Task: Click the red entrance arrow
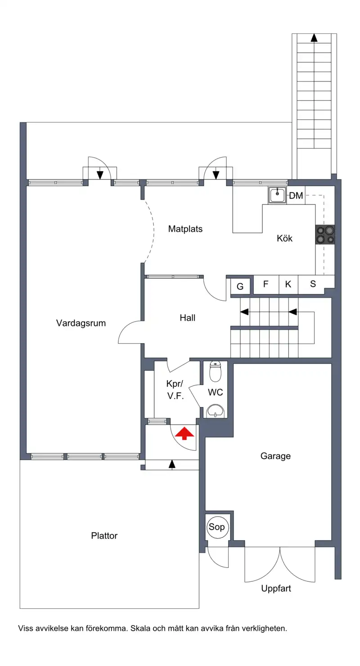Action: [184, 433]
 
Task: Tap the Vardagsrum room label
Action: [81, 323]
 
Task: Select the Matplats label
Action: [185, 229]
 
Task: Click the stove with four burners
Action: [325, 235]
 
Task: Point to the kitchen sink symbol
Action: [278, 195]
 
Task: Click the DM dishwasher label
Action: [296, 195]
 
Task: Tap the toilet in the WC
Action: [216, 372]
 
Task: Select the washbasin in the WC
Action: [216, 411]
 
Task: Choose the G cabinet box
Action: [240, 286]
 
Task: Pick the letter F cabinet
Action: [266, 284]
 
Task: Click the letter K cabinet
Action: [288, 284]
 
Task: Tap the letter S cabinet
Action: [313, 284]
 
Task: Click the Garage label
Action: [276, 456]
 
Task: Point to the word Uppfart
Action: [276, 589]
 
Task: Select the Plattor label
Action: [104, 536]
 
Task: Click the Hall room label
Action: [188, 318]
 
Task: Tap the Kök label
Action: [284, 238]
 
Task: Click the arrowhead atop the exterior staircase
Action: [314, 38]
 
